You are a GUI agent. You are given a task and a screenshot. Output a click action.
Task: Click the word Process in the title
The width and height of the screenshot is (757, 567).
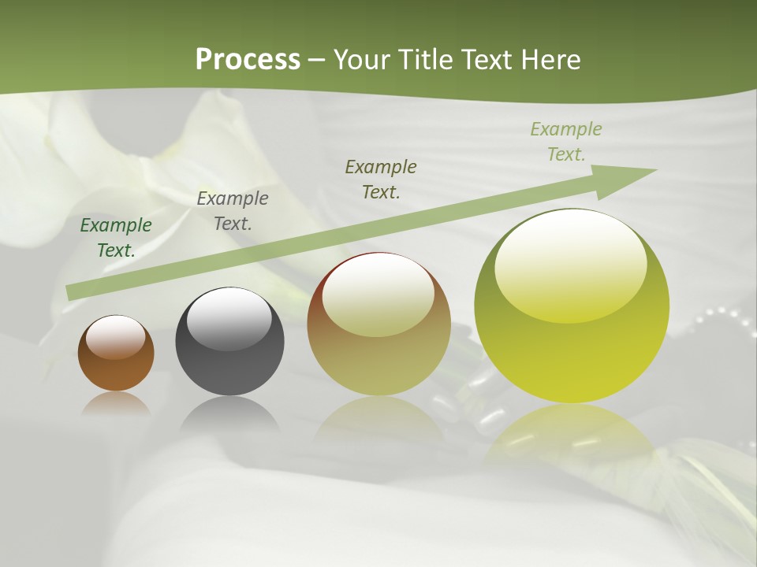coord(248,60)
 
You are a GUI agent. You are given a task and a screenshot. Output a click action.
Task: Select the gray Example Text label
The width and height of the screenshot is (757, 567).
coord(233,211)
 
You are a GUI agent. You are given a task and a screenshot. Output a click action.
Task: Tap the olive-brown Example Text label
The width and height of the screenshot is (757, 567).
coord(381,180)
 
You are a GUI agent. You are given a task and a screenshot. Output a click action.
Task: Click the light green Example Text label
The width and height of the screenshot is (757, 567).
coord(566,142)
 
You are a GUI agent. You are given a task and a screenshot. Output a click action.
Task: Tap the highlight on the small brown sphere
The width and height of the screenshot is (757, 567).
coord(115,338)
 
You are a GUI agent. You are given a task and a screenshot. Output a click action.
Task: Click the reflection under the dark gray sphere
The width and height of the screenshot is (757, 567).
coord(229,413)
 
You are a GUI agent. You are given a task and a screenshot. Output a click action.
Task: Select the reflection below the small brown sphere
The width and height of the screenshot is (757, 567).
coord(116,404)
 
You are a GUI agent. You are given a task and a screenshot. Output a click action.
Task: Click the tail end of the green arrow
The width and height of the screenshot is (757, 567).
coord(73,292)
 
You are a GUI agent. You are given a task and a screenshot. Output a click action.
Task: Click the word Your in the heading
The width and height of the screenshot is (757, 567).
coord(360,60)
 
